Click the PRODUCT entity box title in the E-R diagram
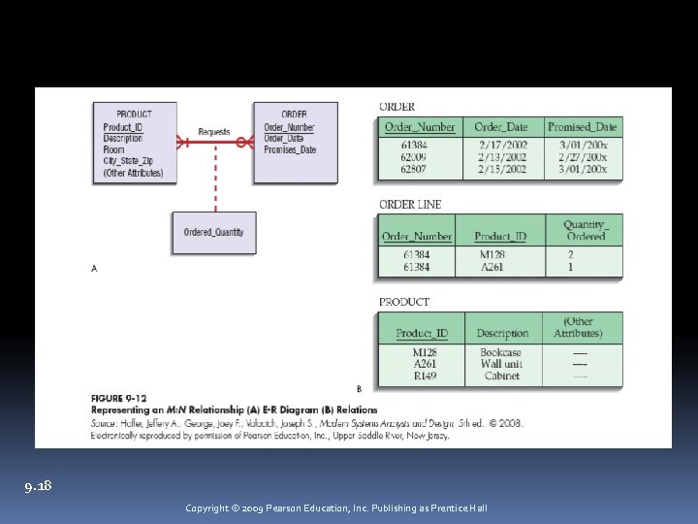(134, 115)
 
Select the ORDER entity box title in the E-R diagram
(294, 115)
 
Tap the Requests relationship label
(214, 131)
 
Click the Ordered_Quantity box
(214, 232)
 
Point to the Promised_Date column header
(582, 127)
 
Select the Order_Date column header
(502, 127)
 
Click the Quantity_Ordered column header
(585, 231)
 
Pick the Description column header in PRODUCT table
(502, 334)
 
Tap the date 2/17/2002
(502, 145)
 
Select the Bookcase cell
(500, 353)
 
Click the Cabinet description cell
(501, 376)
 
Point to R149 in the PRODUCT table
(424, 376)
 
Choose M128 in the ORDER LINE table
(492, 255)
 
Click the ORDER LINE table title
(409, 205)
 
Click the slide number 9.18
(39, 485)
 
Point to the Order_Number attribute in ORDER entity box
(289, 127)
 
